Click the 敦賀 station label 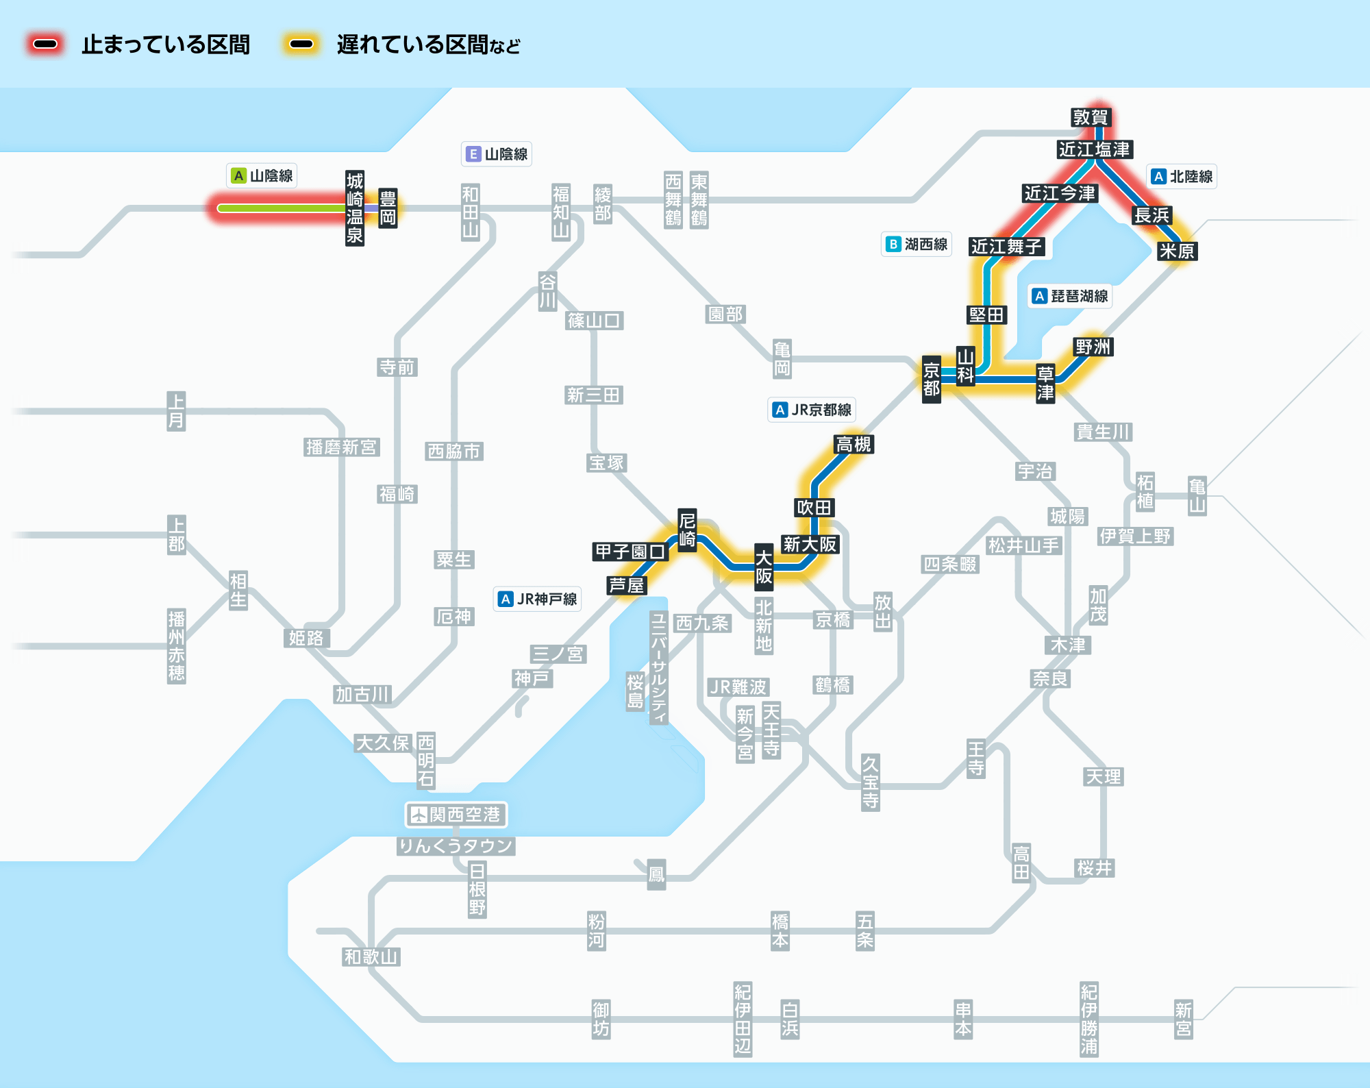point(1091,117)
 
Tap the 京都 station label point(931,380)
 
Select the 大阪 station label point(764,567)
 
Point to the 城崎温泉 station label point(355,208)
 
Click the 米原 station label point(1177,251)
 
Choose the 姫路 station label point(306,639)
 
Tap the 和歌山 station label point(371,957)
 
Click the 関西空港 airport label point(456,815)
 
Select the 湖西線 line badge point(917,245)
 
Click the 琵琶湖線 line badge point(1070,296)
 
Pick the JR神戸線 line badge point(538,599)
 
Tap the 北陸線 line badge point(1182,177)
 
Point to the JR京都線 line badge point(812,410)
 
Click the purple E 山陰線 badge point(497,154)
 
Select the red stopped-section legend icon point(45,45)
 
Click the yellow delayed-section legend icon point(301,45)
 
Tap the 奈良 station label point(1051,679)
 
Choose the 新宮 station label point(1184,1019)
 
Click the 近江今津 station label point(1060,194)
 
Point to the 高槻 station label point(854,445)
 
